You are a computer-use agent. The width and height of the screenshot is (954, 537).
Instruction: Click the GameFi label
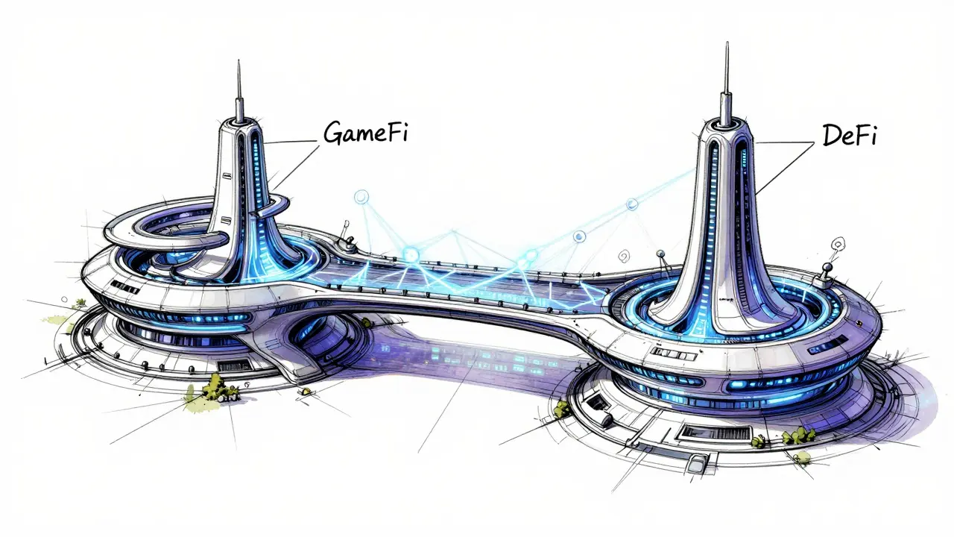tap(365, 132)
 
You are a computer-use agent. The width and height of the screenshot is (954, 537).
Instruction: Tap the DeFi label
tap(849, 136)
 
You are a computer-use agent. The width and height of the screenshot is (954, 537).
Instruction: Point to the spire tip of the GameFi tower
tap(238, 61)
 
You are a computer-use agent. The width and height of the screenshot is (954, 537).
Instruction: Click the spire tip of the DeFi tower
tap(727, 43)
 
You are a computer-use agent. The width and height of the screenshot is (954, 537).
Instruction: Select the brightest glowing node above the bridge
tap(411, 255)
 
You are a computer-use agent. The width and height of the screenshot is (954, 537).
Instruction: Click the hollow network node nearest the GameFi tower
tap(361, 198)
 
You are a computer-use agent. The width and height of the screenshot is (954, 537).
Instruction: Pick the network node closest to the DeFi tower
tap(633, 204)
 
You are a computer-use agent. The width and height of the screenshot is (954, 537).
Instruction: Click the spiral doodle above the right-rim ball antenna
tap(838, 245)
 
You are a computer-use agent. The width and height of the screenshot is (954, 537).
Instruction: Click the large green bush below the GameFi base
tap(215, 387)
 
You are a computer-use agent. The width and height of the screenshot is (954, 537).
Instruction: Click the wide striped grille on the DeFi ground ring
tap(714, 433)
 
